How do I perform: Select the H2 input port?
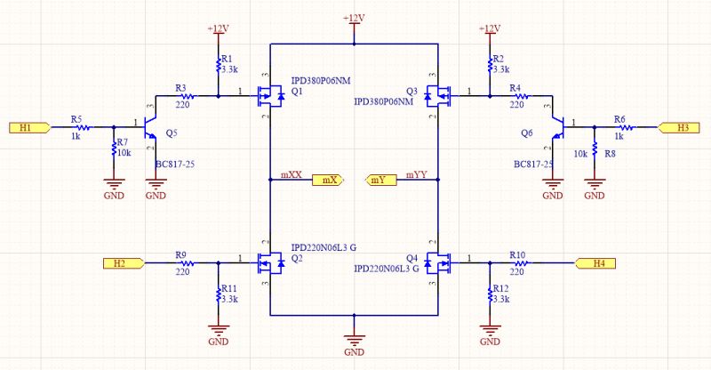click(x=121, y=262)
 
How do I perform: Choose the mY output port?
click(x=380, y=181)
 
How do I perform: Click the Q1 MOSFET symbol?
click(x=268, y=93)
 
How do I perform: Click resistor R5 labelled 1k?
click(x=77, y=127)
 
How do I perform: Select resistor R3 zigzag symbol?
click(x=188, y=94)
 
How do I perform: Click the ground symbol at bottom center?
click(x=355, y=339)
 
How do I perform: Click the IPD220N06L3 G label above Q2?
click(x=330, y=246)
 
